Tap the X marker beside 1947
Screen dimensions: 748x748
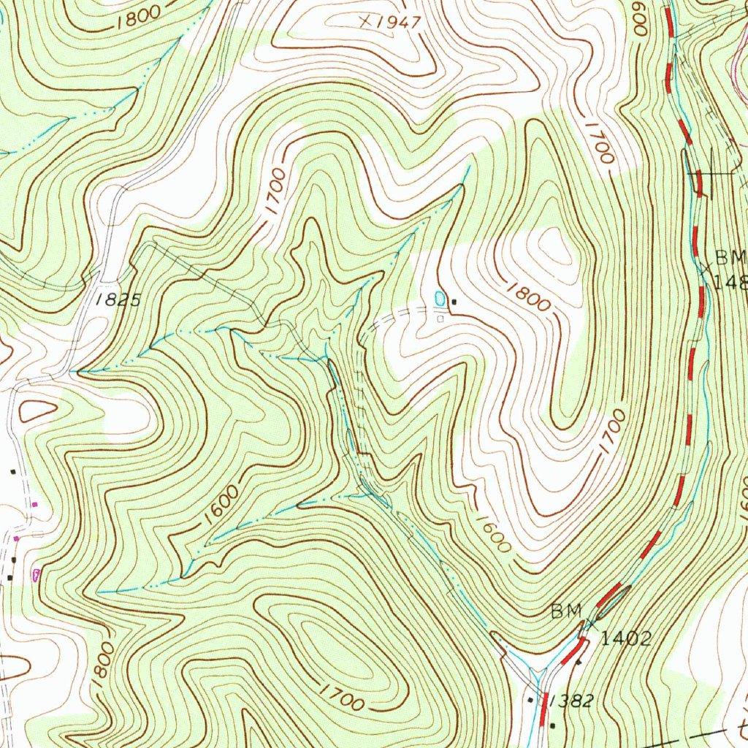point(365,22)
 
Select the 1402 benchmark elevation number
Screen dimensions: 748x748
point(625,639)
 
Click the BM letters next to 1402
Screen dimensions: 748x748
point(566,611)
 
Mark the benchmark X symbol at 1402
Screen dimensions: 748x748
point(591,624)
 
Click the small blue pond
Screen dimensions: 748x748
point(439,298)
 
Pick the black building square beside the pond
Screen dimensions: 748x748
point(454,302)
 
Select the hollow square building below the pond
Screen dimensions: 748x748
point(440,318)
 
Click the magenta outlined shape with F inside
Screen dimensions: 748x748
point(36,575)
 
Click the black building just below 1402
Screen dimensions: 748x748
point(579,662)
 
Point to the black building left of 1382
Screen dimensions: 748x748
point(531,700)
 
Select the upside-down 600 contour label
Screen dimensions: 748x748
point(641,18)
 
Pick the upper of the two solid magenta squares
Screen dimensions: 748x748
point(34,504)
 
